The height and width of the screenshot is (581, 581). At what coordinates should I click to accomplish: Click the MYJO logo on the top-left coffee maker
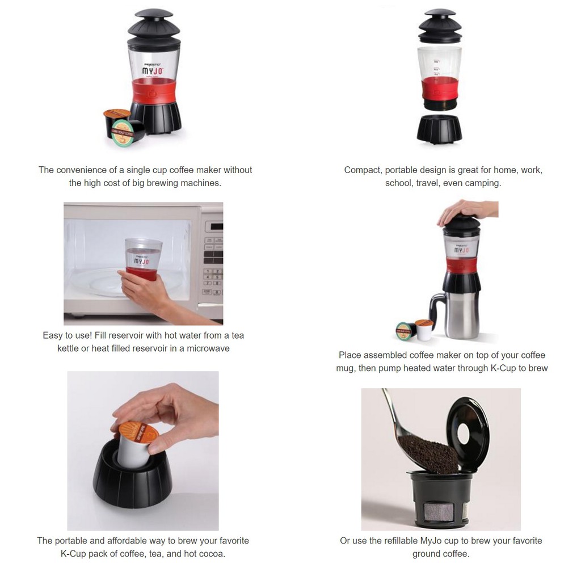pyautogui.click(x=153, y=71)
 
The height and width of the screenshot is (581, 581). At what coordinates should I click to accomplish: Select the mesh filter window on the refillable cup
pyautogui.click(x=439, y=512)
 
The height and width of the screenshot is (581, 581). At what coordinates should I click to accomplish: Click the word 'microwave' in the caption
pyautogui.click(x=208, y=348)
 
